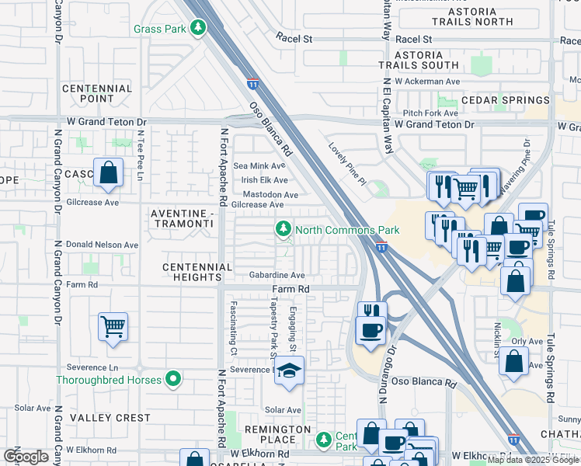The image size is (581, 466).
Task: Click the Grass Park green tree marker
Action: (199, 29)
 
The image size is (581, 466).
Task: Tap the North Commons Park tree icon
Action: (284, 229)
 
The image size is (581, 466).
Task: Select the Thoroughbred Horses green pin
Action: (173, 380)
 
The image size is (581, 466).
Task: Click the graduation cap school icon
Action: (290, 371)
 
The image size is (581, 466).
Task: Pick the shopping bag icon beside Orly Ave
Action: (513, 360)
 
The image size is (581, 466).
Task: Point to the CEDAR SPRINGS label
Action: (505, 100)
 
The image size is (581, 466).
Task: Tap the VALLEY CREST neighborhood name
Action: (110, 418)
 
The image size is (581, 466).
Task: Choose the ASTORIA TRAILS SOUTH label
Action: (419, 61)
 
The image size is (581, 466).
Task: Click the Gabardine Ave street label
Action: (277, 275)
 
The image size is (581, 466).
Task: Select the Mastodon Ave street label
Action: (270, 195)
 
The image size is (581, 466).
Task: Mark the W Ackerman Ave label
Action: (427, 81)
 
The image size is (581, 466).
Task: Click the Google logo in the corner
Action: (26, 456)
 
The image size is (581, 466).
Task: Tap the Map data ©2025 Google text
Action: (531, 460)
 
